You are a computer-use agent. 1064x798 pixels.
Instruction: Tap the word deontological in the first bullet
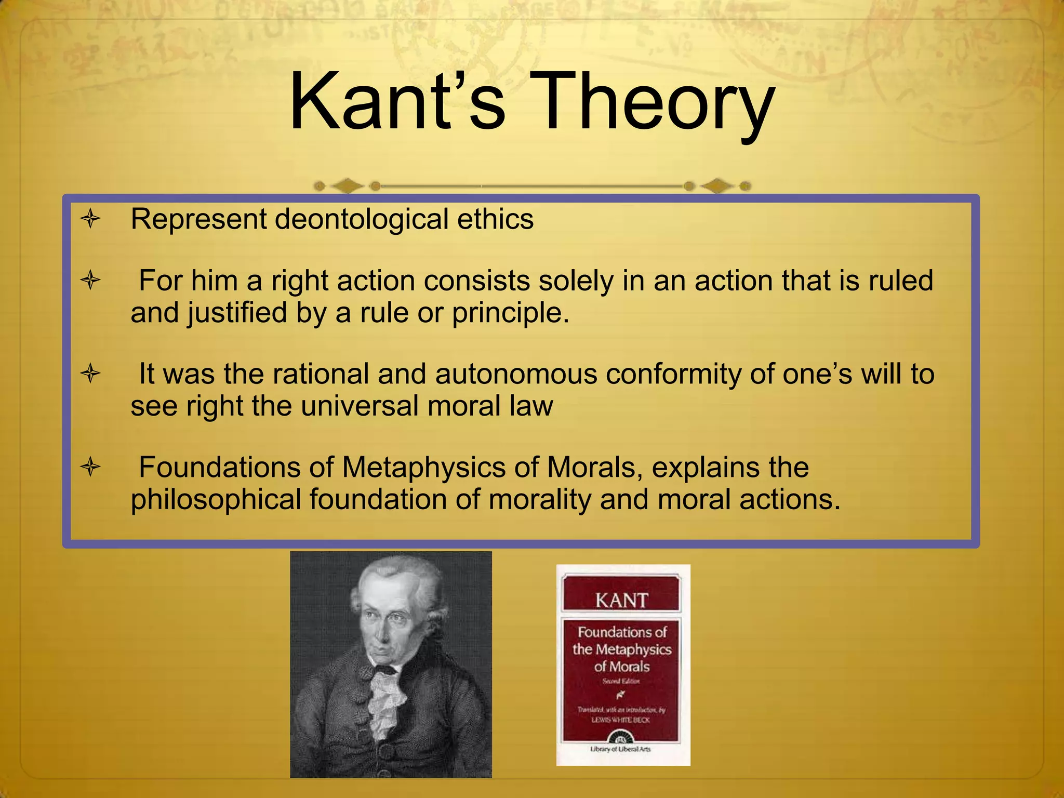tap(361, 219)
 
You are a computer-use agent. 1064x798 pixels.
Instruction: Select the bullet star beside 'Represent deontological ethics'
tap(90, 219)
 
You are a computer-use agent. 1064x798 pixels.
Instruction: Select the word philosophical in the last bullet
tap(216, 499)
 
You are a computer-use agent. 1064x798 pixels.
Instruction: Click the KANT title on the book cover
tap(621, 601)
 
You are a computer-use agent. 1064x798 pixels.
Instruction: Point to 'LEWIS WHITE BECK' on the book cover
tap(620, 720)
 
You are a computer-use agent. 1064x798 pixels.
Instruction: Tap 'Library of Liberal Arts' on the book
tap(620, 749)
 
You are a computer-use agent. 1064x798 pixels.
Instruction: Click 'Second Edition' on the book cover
tap(621, 681)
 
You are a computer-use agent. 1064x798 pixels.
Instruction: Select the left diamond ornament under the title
tap(347, 185)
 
